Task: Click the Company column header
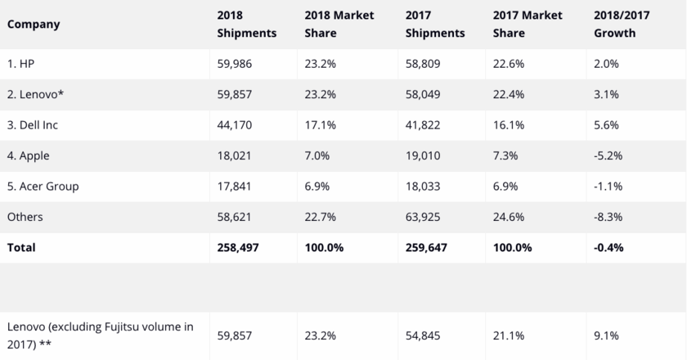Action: (x=34, y=25)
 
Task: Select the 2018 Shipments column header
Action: (x=247, y=25)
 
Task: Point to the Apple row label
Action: (x=29, y=155)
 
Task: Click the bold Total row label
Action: (x=21, y=246)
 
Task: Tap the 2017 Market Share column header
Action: (x=529, y=25)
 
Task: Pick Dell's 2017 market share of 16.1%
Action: (x=510, y=125)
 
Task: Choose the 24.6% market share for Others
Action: (x=510, y=217)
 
